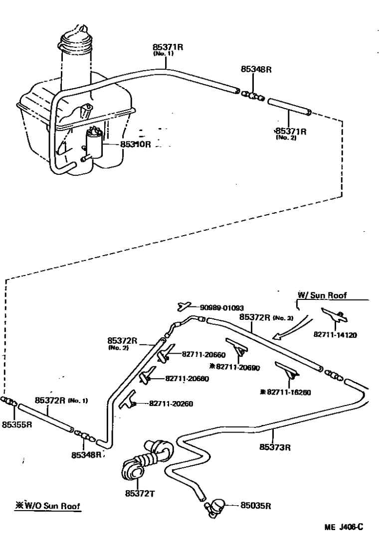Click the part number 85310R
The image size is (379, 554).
coord(135,144)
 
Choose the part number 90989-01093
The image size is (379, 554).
coord(222,308)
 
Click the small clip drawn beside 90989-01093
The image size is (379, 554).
coord(184,305)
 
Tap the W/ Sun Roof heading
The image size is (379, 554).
coord(322,295)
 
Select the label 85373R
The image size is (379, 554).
coord(275,446)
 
